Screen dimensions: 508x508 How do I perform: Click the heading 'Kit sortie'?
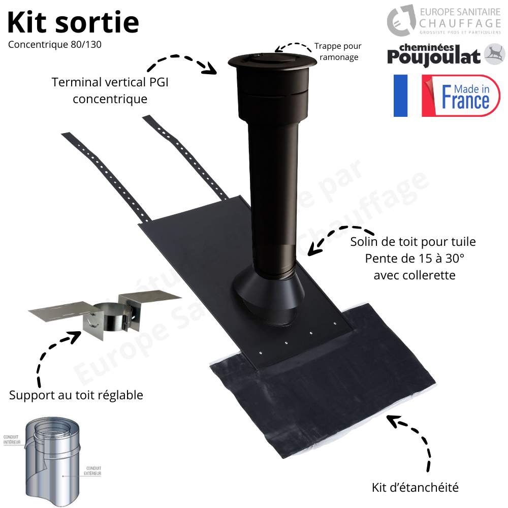73,22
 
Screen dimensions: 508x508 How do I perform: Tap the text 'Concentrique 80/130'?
55,44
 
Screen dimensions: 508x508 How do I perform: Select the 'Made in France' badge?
461,96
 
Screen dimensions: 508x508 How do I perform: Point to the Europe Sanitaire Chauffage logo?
444,21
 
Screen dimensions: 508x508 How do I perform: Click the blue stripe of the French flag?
400,96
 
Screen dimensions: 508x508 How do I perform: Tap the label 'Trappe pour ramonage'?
338,51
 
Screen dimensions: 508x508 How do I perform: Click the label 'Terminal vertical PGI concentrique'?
110,90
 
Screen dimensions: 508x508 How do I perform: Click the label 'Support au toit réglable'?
76,395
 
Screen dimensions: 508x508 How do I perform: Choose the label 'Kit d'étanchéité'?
415,488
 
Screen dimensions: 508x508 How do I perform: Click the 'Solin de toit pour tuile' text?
413,241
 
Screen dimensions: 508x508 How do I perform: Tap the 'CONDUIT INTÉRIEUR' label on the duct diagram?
11,440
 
